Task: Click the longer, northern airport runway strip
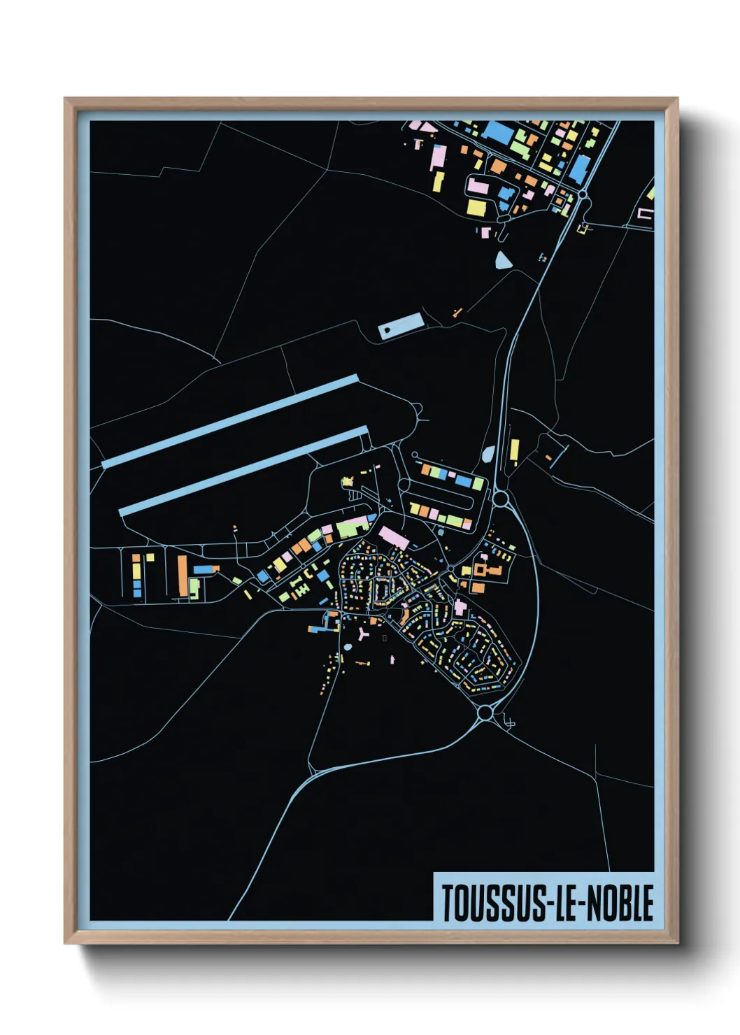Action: [231, 422]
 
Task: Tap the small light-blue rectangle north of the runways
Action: [401, 326]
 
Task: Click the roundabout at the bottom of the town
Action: [485, 713]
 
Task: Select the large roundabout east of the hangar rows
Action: [501, 499]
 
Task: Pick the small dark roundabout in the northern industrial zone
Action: [582, 194]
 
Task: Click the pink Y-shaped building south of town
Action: [363, 634]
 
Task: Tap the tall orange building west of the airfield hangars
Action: [183, 576]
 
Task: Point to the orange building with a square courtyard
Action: [481, 569]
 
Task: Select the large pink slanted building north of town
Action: [394, 538]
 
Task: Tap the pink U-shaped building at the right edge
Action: [645, 214]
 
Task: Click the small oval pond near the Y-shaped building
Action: [348, 647]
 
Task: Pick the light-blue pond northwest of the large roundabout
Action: [488, 455]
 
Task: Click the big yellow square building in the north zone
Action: [476, 208]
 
